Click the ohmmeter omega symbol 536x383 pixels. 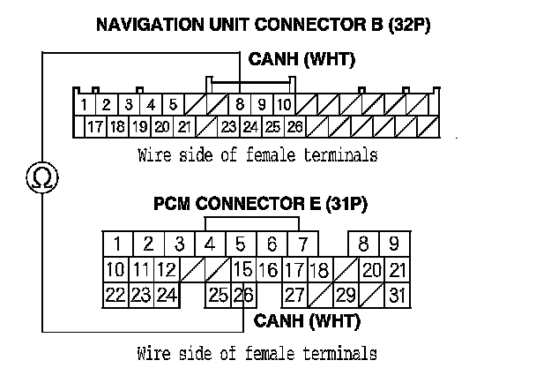tap(42, 176)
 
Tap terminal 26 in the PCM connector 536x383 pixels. tap(243, 295)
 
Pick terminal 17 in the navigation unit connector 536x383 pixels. tap(95, 126)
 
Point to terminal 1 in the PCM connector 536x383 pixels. tap(117, 244)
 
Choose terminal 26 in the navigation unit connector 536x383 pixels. tap(294, 126)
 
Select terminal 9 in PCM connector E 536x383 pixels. tap(394, 244)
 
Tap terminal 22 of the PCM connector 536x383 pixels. tap(115, 295)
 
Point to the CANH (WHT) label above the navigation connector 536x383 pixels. tap(291, 61)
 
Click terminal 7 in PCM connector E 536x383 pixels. tap(302, 244)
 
